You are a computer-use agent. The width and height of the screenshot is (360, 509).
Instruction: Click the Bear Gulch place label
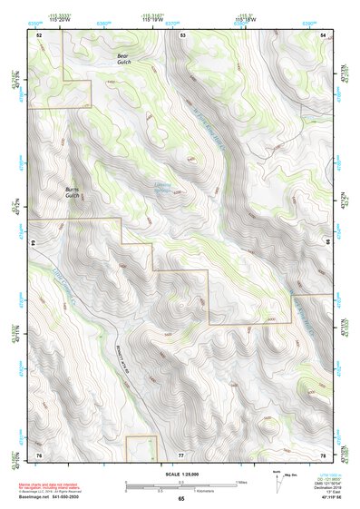point(124,57)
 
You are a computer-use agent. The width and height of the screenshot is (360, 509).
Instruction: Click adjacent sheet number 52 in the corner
point(39,34)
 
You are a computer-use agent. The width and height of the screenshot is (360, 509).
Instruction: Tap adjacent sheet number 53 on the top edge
point(182,34)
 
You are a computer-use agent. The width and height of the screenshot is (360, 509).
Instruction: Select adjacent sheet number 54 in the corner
point(325,34)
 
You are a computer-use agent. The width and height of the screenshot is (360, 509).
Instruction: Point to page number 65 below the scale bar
point(180,499)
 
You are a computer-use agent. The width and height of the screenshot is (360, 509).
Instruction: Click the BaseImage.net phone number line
point(52,497)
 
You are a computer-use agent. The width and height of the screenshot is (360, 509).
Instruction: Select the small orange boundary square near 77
point(142,447)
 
